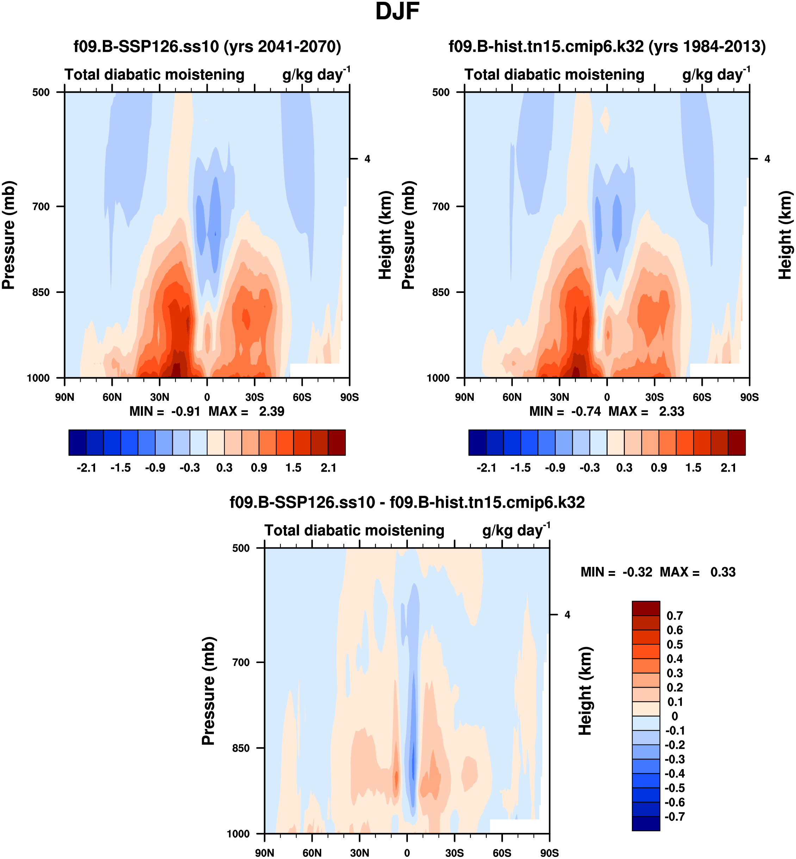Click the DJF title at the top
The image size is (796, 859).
(x=397, y=12)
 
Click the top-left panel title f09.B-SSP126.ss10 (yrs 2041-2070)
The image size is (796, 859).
(x=207, y=46)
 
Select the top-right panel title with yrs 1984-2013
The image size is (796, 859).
(x=607, y=46)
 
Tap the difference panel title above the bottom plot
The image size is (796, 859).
(x=407, y=503)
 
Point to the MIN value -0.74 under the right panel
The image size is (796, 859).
(x=586, y=412)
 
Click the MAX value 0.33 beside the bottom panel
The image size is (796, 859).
(x=723, y=572)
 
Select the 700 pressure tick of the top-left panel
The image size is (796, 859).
(x=41, y=207)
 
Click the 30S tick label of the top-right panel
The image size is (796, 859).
(x=654, y=397)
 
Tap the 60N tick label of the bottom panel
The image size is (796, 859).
(x=312, y=853)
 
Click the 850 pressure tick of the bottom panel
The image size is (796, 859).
(x=241, y=748)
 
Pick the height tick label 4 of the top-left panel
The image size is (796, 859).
(x=367, y=159)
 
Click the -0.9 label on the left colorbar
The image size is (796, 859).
(x=155, y=468)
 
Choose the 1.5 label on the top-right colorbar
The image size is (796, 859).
(x=693, y=468)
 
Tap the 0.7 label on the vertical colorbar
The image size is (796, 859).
(x=674, y=616)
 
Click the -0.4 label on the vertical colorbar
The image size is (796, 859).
(x=674, y=774)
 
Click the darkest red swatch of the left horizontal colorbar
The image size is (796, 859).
(x=336, y=442)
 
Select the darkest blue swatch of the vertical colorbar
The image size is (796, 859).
(x=646, y=823)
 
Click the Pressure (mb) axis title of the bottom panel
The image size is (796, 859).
(x=209, y=691)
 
